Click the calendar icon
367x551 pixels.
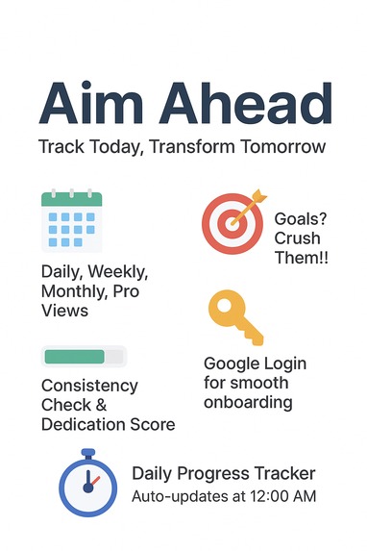coord(71,223)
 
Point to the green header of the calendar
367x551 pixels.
coord(71,199)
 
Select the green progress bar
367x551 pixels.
coord(74,357)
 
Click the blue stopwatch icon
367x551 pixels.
coord(87,487)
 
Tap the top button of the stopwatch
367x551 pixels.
coord(87,451)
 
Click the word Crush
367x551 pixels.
coord(297,238)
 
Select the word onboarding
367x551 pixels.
coord(248,402)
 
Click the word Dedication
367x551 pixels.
coord(86,424)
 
